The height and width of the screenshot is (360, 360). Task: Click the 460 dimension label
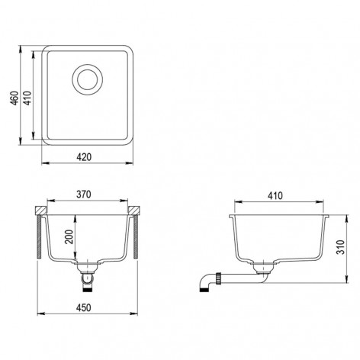coord(15,98)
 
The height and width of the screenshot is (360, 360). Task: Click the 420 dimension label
coord(84,157)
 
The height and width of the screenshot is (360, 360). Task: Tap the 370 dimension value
coord(84,194)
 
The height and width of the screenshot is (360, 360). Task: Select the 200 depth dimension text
coord(69,236)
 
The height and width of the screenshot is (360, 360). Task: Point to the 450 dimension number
coord(84,308)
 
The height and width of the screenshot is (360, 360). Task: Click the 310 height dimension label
coord(340,247)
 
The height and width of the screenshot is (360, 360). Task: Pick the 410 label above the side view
coord(275,196)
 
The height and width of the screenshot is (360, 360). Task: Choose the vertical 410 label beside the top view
coord(27,98)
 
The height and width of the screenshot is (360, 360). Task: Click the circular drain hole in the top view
coord(88,79)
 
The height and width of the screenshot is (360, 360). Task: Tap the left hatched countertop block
coord(40,211)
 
